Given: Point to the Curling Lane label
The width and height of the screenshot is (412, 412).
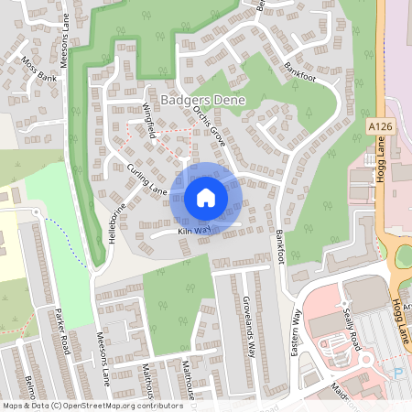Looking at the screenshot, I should pyautogui.click(x=146, y=179).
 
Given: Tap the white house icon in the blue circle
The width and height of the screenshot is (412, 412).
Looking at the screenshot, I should pyautogui.click(x=206, y=197).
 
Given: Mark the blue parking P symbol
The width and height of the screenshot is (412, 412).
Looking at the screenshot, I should pyautogui.click(x=398, y=373).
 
